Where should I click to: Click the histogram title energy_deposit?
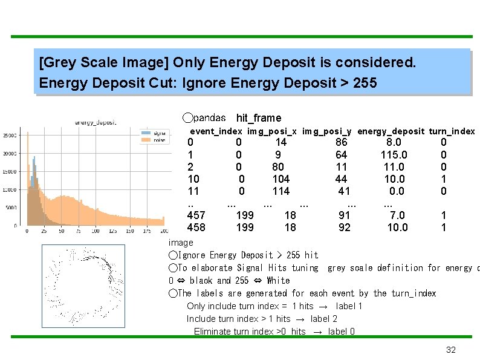tap(96, 123)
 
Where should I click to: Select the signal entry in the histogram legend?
tap(159, 133)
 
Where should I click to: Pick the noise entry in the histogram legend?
tap(159, 139)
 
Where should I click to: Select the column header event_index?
tap(216, 131)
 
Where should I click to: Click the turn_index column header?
tap(452, 131)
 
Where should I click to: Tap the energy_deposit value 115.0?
tap(394, 155)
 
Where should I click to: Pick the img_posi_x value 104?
tap(281, 179)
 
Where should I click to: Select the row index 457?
tap(196, 215)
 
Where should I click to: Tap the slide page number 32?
tap(450, 350)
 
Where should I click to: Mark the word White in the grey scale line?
tap(278, 281)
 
